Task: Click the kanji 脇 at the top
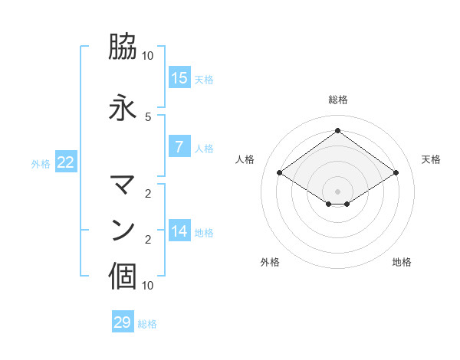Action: [123, 47]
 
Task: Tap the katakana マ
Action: [123, 185]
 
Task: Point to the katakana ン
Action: [123, 231]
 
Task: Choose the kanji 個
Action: [123, 277]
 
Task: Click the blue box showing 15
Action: [179, 78]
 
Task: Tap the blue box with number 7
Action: [179, 147]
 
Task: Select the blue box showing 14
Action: [179, 231]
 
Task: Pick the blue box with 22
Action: [66, 162]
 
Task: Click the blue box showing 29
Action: [123, 322]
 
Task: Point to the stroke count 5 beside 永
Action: [148, 116]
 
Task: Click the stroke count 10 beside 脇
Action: [148, 56]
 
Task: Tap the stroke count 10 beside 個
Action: [148, 285]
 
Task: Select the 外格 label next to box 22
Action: [41, 163]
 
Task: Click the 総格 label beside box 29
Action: [147, 324]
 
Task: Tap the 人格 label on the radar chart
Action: [245, 159]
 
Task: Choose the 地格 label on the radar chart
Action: [402, 262]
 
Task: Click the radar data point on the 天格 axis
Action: [396, 173]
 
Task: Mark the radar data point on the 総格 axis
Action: [337, 130]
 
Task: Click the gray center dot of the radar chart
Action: [337, 191]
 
